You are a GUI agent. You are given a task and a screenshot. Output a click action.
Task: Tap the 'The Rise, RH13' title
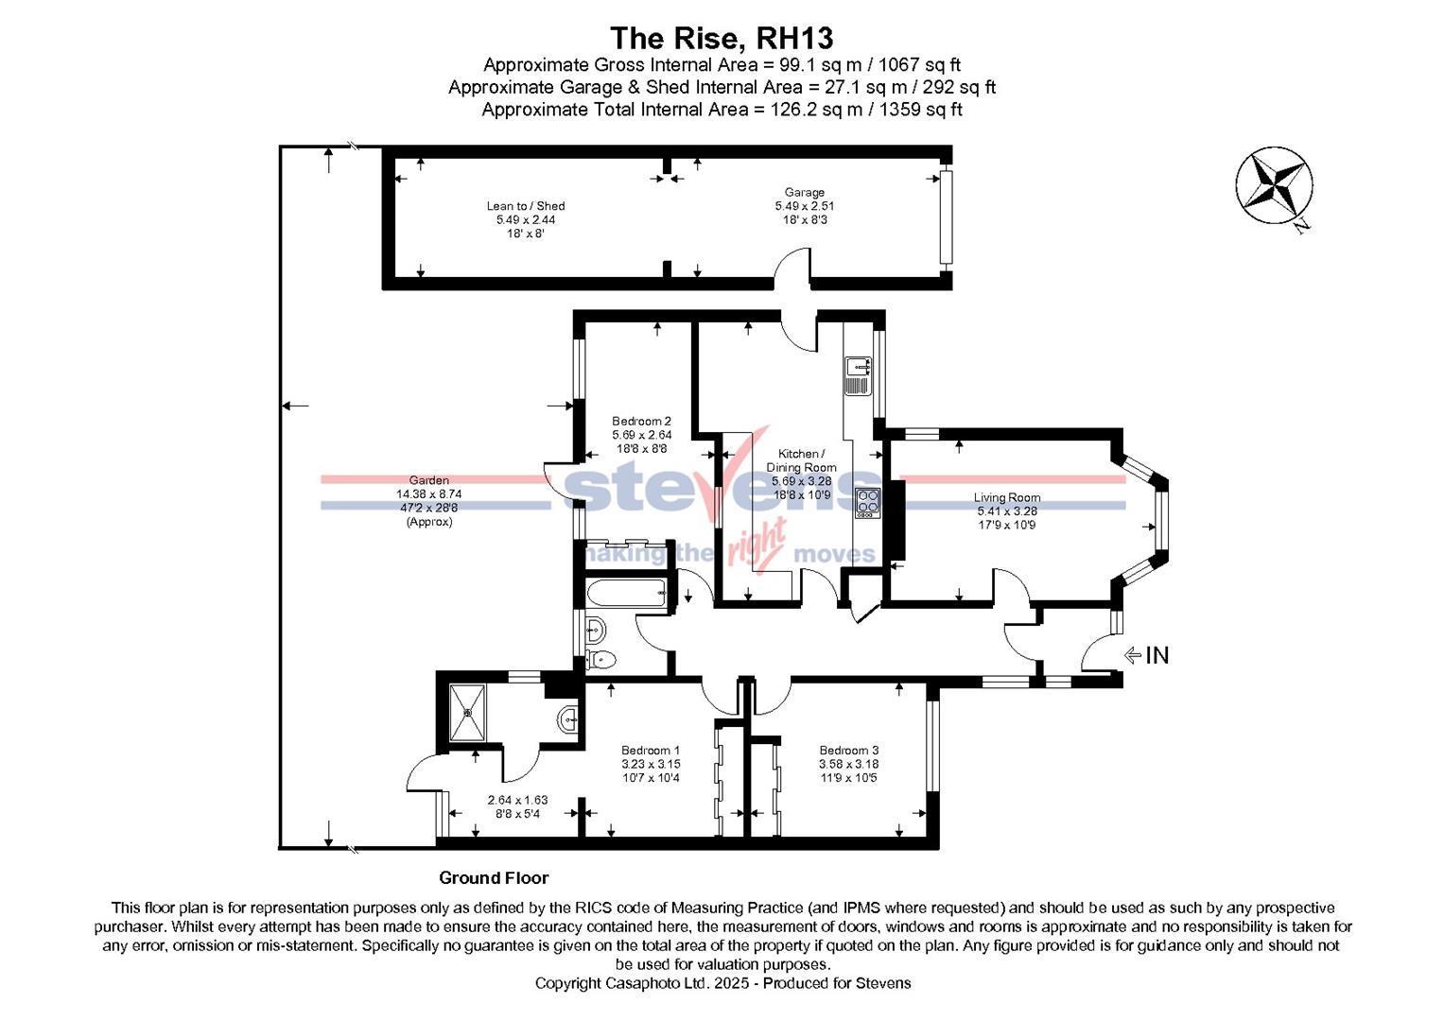click(x=722, y=39)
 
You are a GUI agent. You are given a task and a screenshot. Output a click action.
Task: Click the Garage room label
click(x=804, y=193)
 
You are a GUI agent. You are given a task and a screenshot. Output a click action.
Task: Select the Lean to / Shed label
click(x=526, y=206)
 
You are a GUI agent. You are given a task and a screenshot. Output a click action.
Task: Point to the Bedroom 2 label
click(x=641, y=422)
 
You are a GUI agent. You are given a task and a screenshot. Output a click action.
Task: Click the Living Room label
click(x=1007, y=497)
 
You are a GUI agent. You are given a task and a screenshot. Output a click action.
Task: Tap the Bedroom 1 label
click(x=651, y=751)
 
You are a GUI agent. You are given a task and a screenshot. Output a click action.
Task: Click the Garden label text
click(x=428, y=480)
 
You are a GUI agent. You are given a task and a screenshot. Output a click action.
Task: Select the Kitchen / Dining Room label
click(x=801, y=460)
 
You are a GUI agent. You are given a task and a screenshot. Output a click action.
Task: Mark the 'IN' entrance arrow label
click(x=1156, y=655)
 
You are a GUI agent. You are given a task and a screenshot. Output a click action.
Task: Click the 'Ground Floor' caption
click(x=494, y=878)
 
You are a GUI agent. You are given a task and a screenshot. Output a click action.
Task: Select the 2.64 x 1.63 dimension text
click(x=517, y=800)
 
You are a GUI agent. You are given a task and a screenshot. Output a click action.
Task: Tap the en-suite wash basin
click(x=568, y=719)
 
